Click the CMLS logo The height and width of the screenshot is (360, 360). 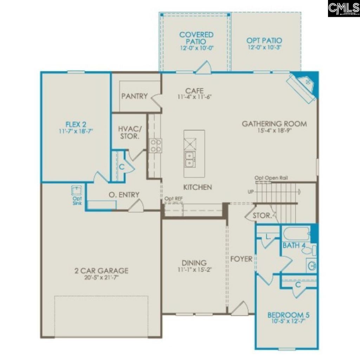pos(343,8)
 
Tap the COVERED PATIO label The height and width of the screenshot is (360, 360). pos(196,38)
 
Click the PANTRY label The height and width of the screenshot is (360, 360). pos(134,96)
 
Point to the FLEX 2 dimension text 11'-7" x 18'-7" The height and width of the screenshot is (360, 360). pos(76,131)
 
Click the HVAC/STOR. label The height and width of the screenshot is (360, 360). pos(129,132)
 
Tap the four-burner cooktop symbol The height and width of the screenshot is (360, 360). pos(156,146)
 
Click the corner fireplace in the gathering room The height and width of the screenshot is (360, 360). pos(303,88)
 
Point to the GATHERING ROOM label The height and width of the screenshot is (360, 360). pos(274,124)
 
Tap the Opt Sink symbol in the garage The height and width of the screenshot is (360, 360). pos(76,191)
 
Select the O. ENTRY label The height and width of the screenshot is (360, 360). pos(124,195)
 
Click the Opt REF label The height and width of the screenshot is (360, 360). pos(174,199)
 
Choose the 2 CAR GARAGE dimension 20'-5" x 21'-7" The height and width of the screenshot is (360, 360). pos(101,278)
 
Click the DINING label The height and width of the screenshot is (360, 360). pos(194,263)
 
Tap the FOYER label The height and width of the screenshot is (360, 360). pos(241,259)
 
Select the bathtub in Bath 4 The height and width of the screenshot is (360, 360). pos(296,233)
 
